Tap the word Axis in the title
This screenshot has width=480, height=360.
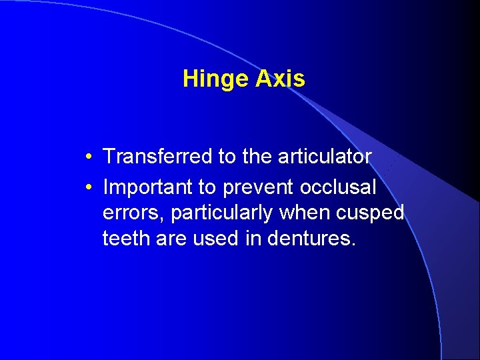(279, 79)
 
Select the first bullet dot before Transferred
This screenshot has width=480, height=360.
(89, 157)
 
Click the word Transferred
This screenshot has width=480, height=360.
(157, 157)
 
